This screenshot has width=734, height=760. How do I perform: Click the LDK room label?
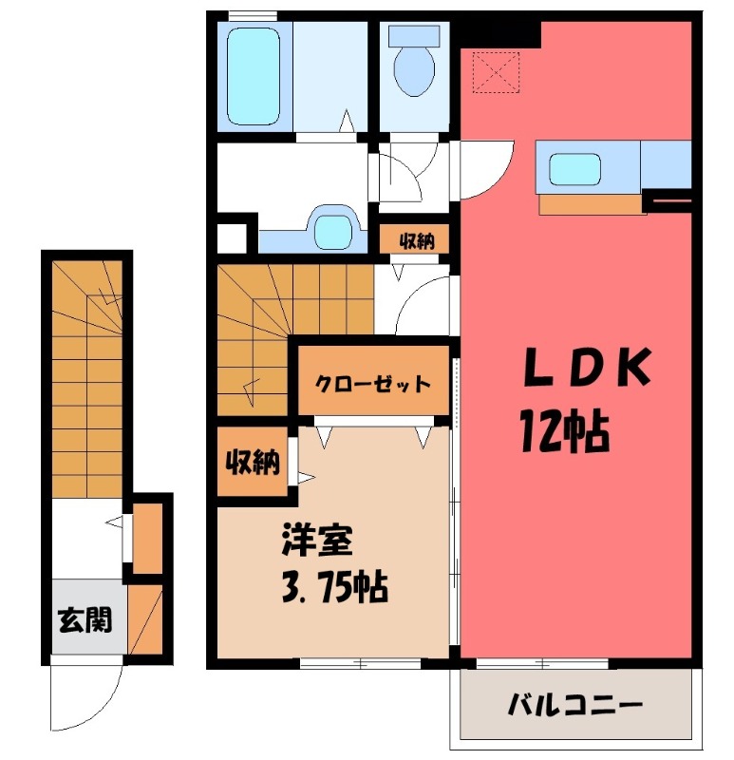click(x=587, y=368)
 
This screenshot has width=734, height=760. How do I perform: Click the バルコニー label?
click(x=575, y=705)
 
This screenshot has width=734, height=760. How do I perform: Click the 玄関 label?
click(x=84, y=621)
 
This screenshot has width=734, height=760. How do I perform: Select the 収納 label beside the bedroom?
click(x=252, y=463)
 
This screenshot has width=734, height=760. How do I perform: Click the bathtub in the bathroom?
click(x=255, y=76)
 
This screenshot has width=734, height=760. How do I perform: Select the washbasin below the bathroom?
click(x=331, y=229)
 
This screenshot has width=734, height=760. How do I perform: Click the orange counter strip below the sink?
click(x=589, y=203)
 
